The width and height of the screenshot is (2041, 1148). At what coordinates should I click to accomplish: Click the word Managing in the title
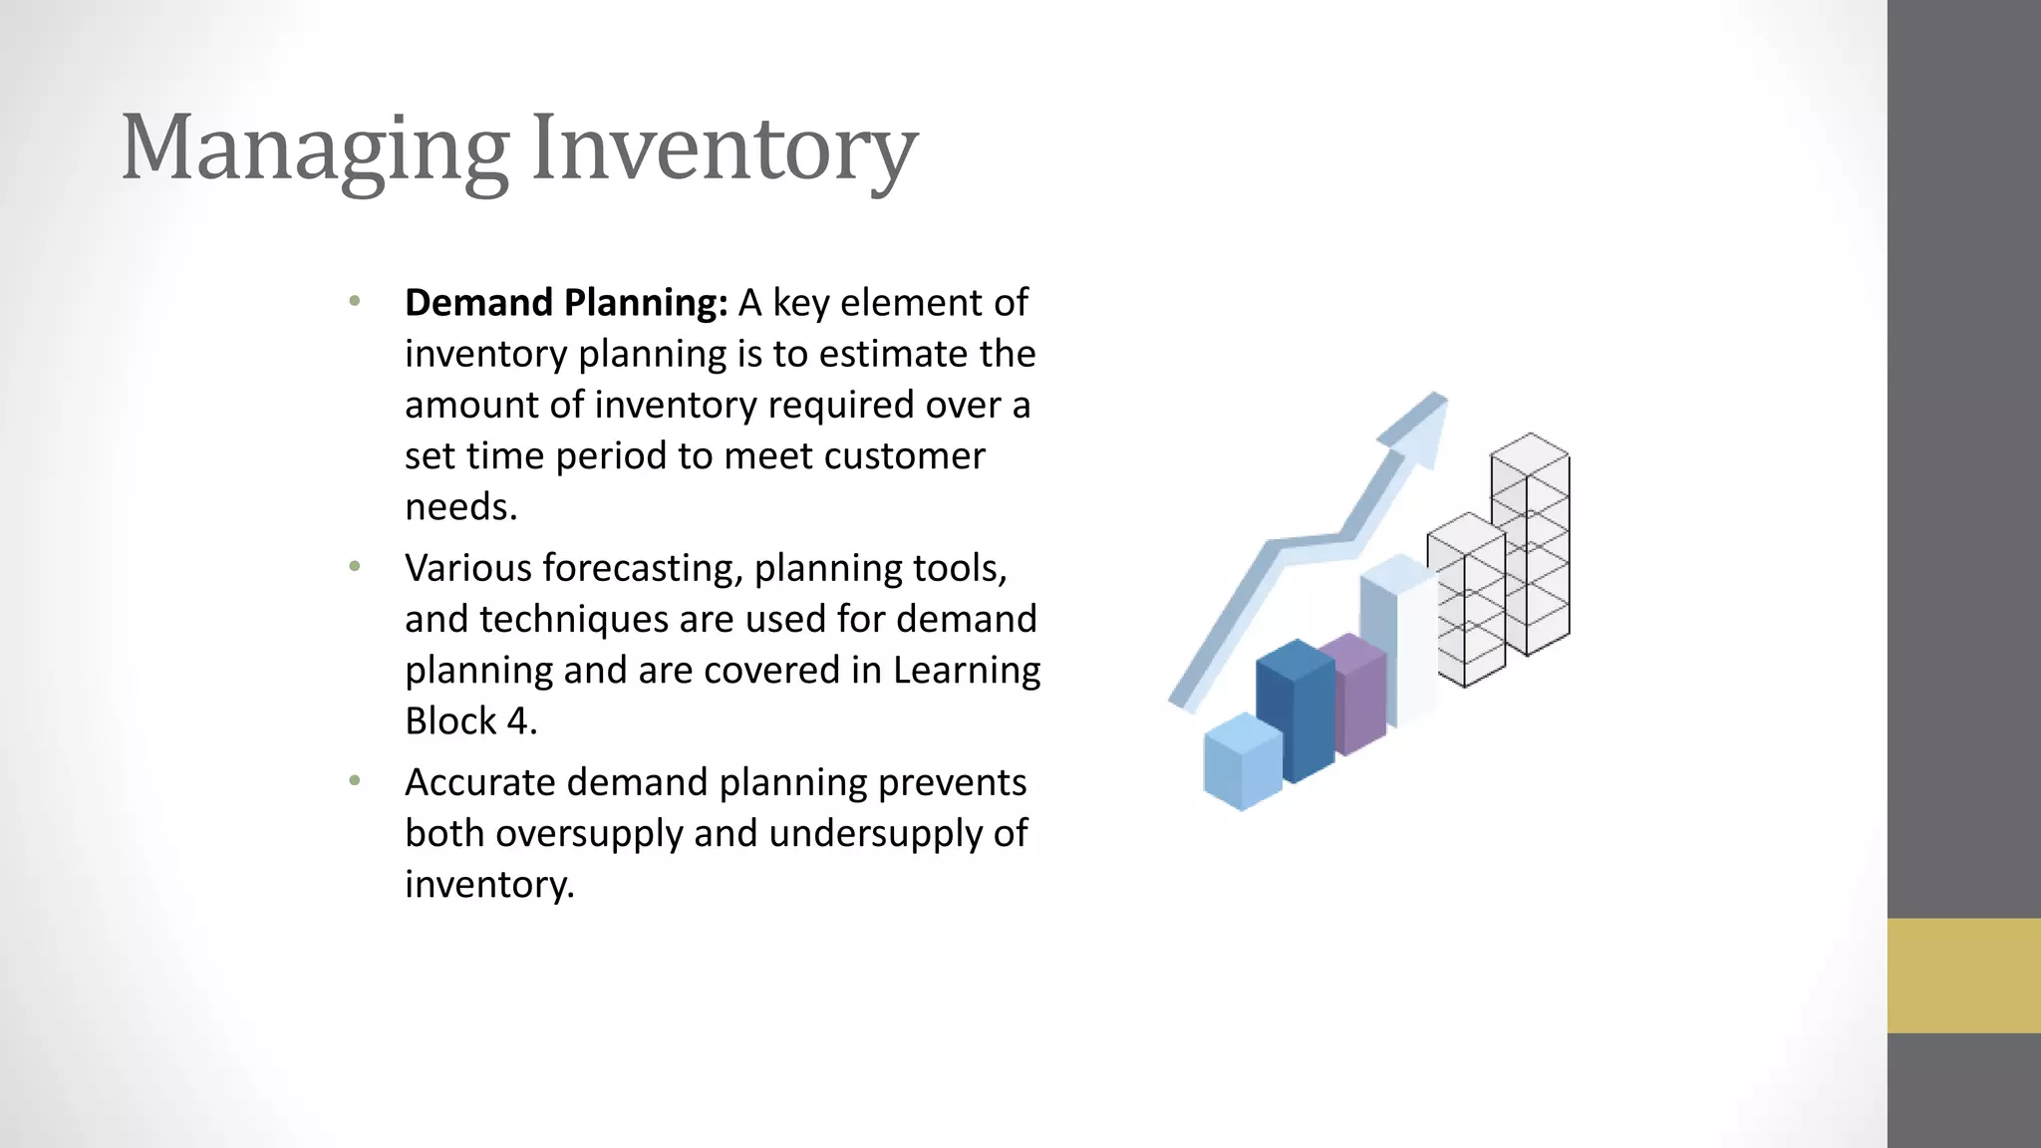(x=314, y=149)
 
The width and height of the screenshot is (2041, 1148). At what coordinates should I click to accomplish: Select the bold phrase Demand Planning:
(x=566, y=303)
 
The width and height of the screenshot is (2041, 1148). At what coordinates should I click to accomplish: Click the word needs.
(x=460, y=507)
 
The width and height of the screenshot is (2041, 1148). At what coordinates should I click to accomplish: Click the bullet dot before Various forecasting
(x=355, y=567)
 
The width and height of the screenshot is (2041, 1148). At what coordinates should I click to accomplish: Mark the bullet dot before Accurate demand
(x=355, y=781)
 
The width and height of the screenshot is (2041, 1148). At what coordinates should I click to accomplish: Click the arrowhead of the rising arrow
(x=1419, y=425)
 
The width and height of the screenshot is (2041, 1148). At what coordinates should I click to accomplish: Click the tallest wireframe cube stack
(x=1531, y=544)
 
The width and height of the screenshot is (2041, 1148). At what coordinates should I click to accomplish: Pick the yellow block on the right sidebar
(x=1963, y=975)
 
